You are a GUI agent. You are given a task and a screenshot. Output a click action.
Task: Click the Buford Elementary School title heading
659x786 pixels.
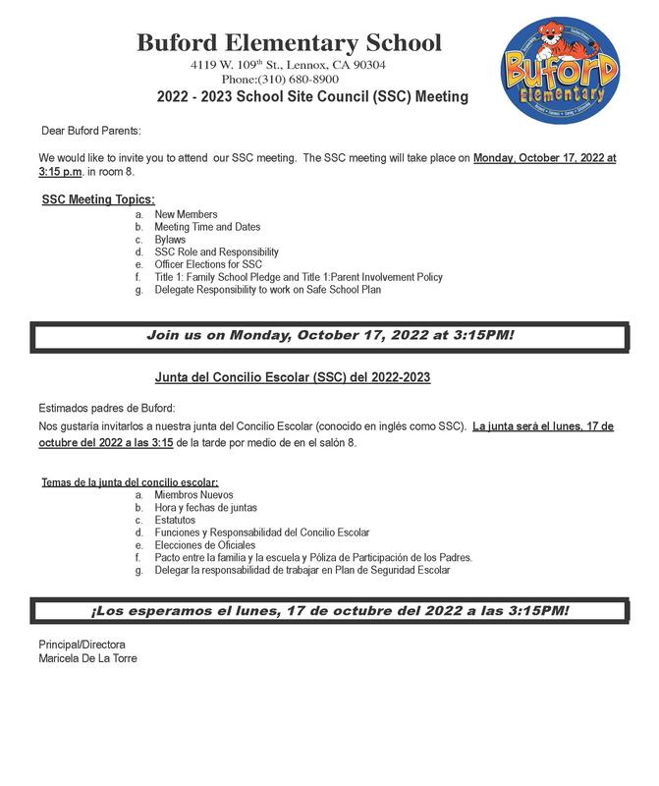click(x=289, y=43)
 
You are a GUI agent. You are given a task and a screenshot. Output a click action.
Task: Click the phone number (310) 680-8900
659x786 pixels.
click(x=280, y=79)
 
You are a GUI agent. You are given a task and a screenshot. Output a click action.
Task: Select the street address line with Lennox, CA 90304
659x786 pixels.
click(x=288, y=64)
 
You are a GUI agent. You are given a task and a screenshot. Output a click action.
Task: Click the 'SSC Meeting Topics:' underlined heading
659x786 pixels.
click(x=98, y=199)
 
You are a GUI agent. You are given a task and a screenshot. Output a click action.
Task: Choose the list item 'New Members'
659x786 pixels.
click(x=186, y=214)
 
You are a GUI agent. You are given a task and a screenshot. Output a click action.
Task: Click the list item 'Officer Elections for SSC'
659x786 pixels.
click(x=208, y=265)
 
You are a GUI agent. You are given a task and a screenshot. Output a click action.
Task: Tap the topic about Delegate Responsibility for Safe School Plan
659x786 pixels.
click(x=267, y=290)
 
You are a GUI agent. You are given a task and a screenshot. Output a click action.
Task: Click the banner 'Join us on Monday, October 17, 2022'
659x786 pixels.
click(x=330, y=336)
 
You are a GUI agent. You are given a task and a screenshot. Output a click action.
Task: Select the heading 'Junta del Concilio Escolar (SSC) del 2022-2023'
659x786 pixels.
click(x=292, y=376)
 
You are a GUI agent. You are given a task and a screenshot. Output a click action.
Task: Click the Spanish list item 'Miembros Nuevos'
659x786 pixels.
click(x=193, y=495)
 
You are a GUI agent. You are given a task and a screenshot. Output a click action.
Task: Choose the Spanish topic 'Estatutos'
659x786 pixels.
click(x=177, y=520)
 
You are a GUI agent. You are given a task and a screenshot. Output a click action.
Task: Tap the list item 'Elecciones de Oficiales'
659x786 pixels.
click(x=205, y=545)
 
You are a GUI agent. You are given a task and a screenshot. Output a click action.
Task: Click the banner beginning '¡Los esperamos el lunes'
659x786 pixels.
click(x=329, y=610)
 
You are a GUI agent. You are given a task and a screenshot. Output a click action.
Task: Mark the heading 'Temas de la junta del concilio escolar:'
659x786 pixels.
click(x=130, y=482)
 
